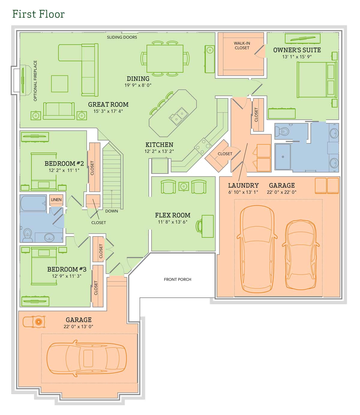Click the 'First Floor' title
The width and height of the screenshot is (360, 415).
(x=38, y=14)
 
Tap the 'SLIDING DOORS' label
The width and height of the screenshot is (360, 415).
(x=122, y=37)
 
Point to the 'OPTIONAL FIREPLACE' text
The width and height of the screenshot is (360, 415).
(x=35, y=80)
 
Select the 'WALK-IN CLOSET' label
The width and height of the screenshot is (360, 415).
(x=242, y=45)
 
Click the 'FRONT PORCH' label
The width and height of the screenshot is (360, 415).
(x=177, y=279)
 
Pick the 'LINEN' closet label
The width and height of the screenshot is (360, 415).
(x=56, y=200)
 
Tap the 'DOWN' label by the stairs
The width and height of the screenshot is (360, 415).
(x=111, y=211)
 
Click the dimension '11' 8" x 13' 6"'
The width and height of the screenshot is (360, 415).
(x=172, y=222)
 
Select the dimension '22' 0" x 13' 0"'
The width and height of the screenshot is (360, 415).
(x=78, y=327)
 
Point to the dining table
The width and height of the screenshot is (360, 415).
(x=165, y=59)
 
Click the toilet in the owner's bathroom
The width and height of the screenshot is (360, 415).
(x=282, y=131)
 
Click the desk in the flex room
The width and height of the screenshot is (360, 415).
(x=207, y=226)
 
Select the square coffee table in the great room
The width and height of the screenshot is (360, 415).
(x=59, y=83)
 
